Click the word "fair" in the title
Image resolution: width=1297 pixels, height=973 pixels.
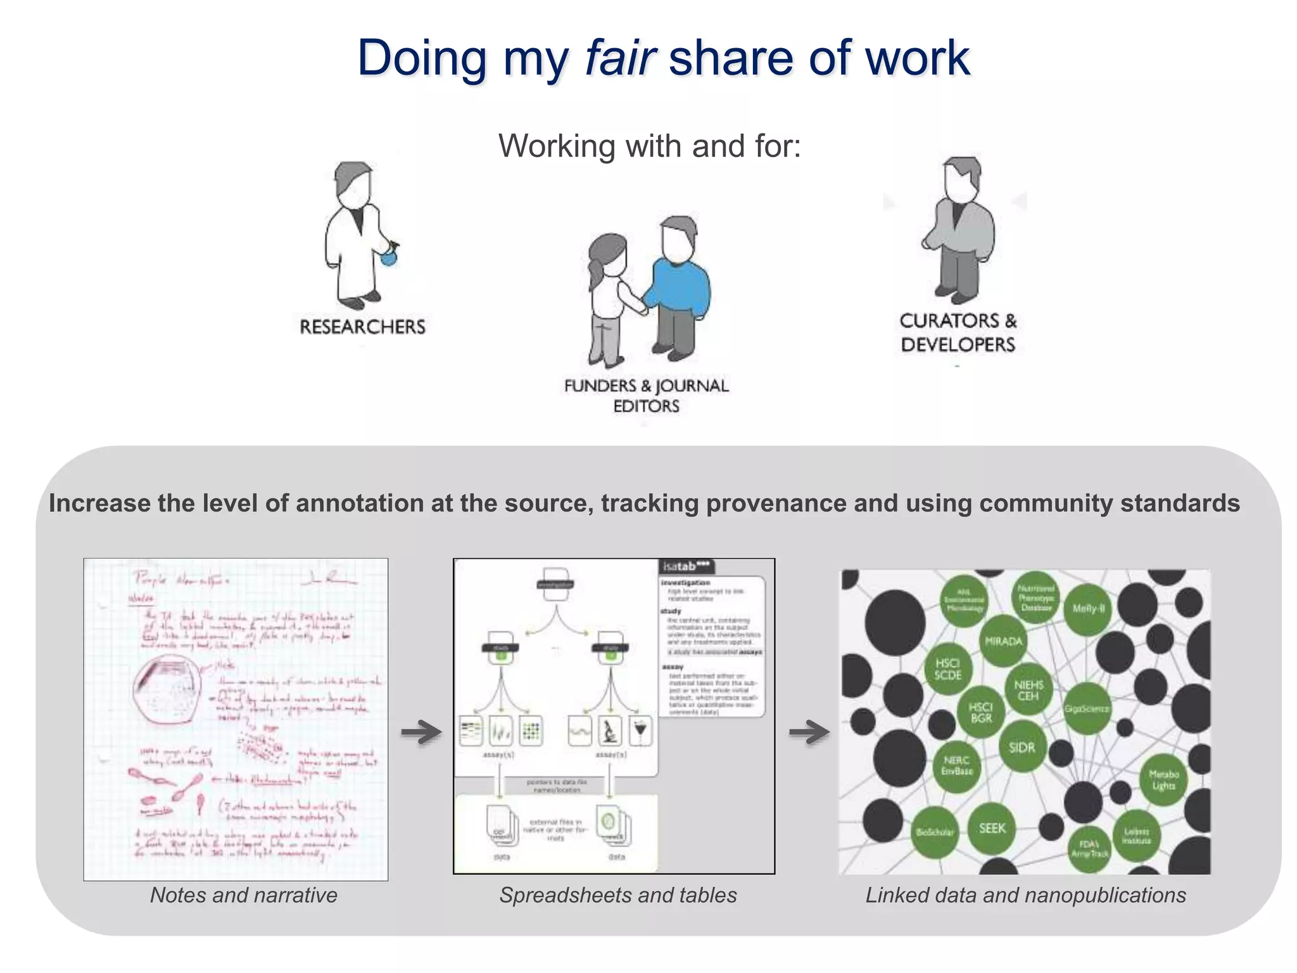click(x=619, y=58)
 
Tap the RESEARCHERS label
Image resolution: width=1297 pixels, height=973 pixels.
click(x=362, y=327)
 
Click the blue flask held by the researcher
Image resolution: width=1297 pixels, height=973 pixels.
click(x=388, y=257)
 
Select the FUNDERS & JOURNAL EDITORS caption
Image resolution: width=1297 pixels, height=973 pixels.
click(x=646, y=395)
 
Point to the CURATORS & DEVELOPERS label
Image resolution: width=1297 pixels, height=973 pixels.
click(x=958, y=333)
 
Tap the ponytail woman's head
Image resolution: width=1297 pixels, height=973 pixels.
click(x=608, y=253)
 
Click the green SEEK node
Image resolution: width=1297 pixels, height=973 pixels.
click(x=992, y=828)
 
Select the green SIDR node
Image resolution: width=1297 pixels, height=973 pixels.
click(x=1022, y=747)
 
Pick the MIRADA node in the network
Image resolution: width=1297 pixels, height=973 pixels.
click(x=1004, y=641)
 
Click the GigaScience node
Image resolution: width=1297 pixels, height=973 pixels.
click(x=1087, y=708)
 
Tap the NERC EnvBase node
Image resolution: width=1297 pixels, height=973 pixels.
click(x=956, y=765)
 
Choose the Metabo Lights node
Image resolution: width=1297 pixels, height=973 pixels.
click(x=1163, y=780)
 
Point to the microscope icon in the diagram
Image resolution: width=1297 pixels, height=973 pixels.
click(x=610, y=731)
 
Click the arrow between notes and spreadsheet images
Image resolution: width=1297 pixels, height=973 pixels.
click(x=421, y=732)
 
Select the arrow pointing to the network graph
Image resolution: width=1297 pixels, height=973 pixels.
click(x=809, y=732)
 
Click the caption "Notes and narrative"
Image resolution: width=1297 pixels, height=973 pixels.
click(x=244, y=895)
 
